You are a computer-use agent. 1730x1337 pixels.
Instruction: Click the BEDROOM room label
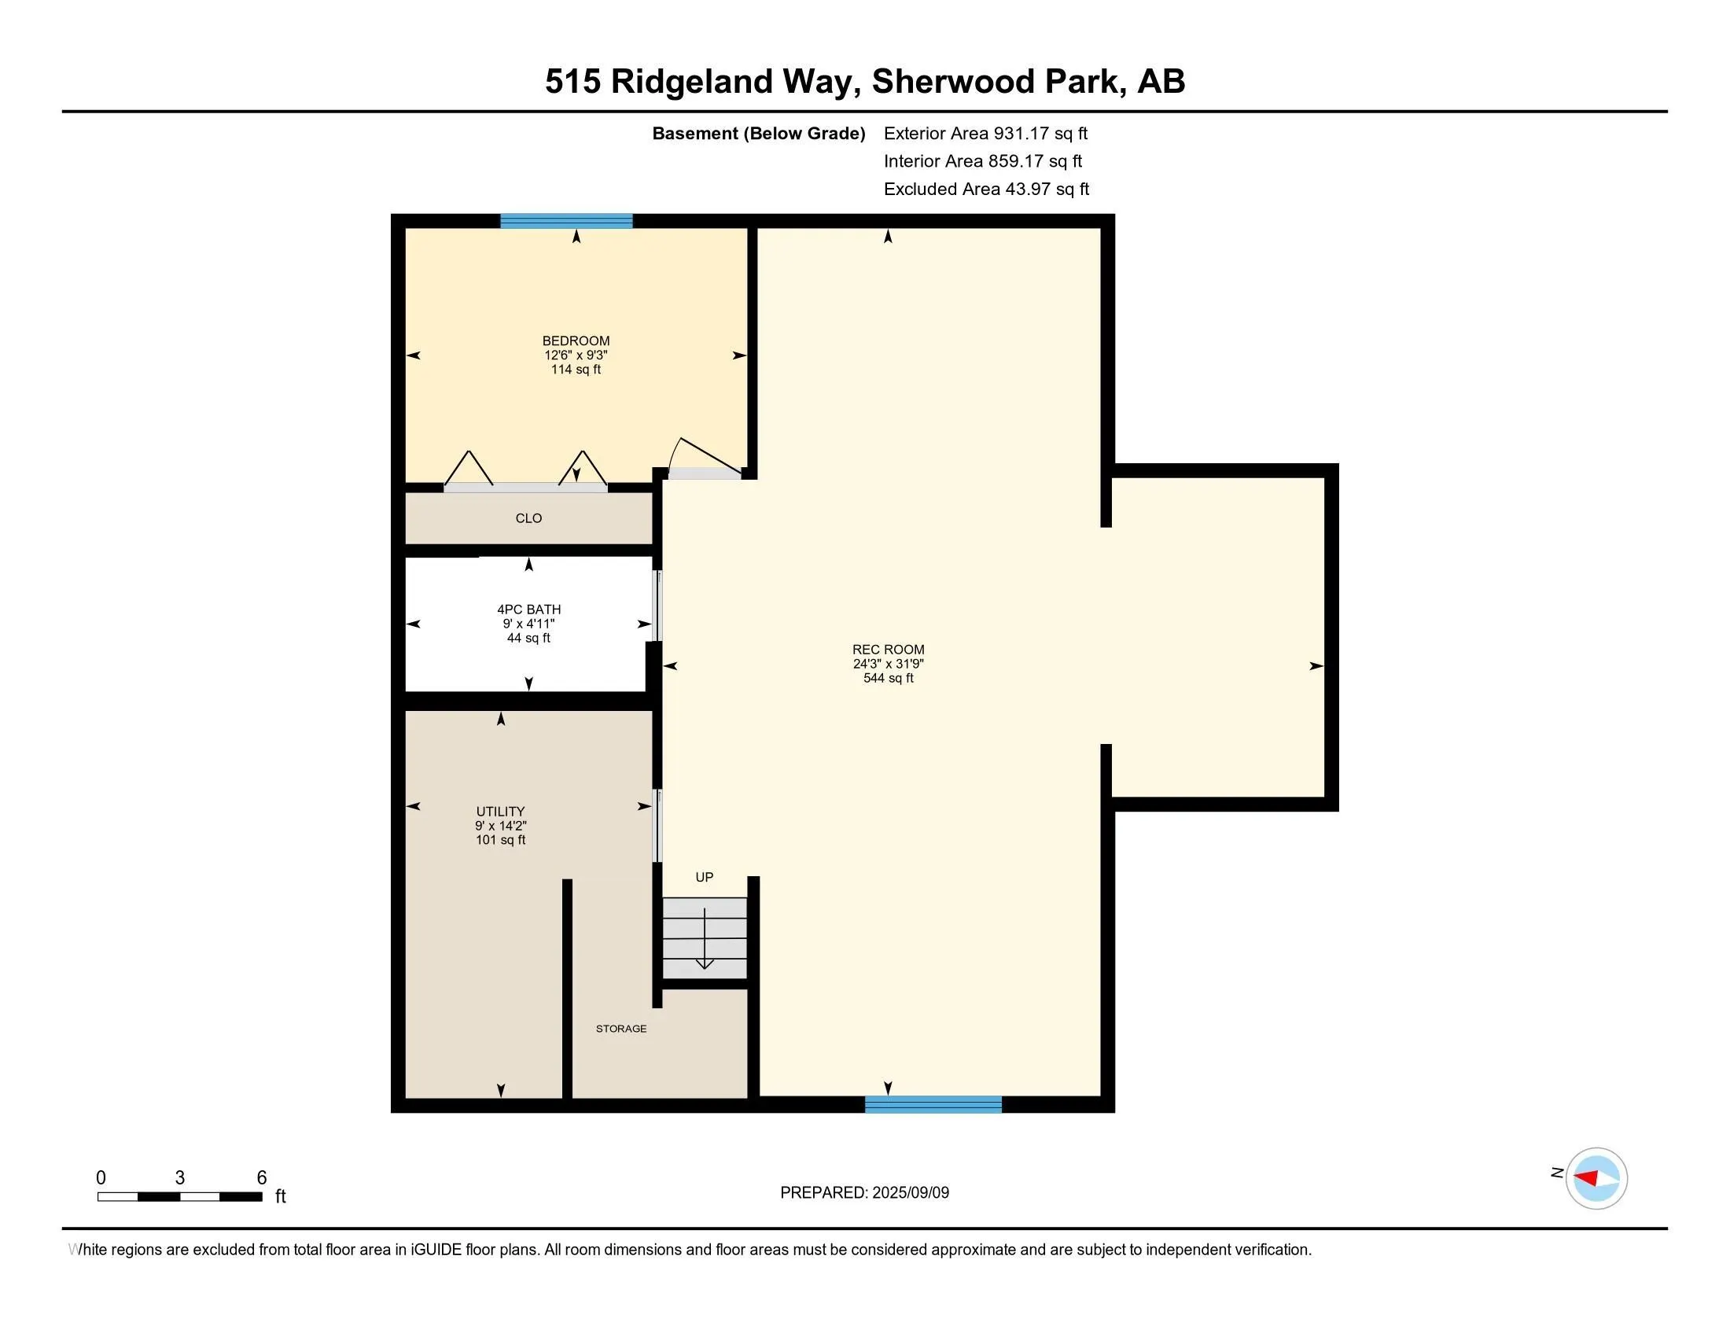576,341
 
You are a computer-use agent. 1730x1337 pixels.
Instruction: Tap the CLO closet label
528,519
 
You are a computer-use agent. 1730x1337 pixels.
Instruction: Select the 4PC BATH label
528,610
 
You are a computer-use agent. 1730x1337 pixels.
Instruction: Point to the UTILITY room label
500,812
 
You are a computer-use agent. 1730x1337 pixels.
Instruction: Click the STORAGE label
621,1029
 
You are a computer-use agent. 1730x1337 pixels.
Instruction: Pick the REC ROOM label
888,650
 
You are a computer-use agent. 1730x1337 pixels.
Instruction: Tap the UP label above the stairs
705,878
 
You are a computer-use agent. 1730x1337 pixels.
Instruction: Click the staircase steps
705,938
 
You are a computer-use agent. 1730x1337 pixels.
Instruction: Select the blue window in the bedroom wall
566,221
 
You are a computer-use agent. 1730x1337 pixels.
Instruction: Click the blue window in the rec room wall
933,1104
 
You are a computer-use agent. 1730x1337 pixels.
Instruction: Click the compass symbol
1596,1179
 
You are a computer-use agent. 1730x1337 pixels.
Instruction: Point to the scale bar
180,1197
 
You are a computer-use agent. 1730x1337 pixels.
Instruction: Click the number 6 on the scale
261,1178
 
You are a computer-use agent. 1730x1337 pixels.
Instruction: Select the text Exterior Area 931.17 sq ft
985,134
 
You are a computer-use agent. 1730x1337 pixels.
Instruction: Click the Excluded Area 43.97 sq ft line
986,190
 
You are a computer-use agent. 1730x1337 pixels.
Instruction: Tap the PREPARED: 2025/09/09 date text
864,1193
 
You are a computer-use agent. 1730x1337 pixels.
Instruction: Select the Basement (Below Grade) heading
758,134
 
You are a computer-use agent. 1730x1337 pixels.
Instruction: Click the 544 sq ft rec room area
888,679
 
